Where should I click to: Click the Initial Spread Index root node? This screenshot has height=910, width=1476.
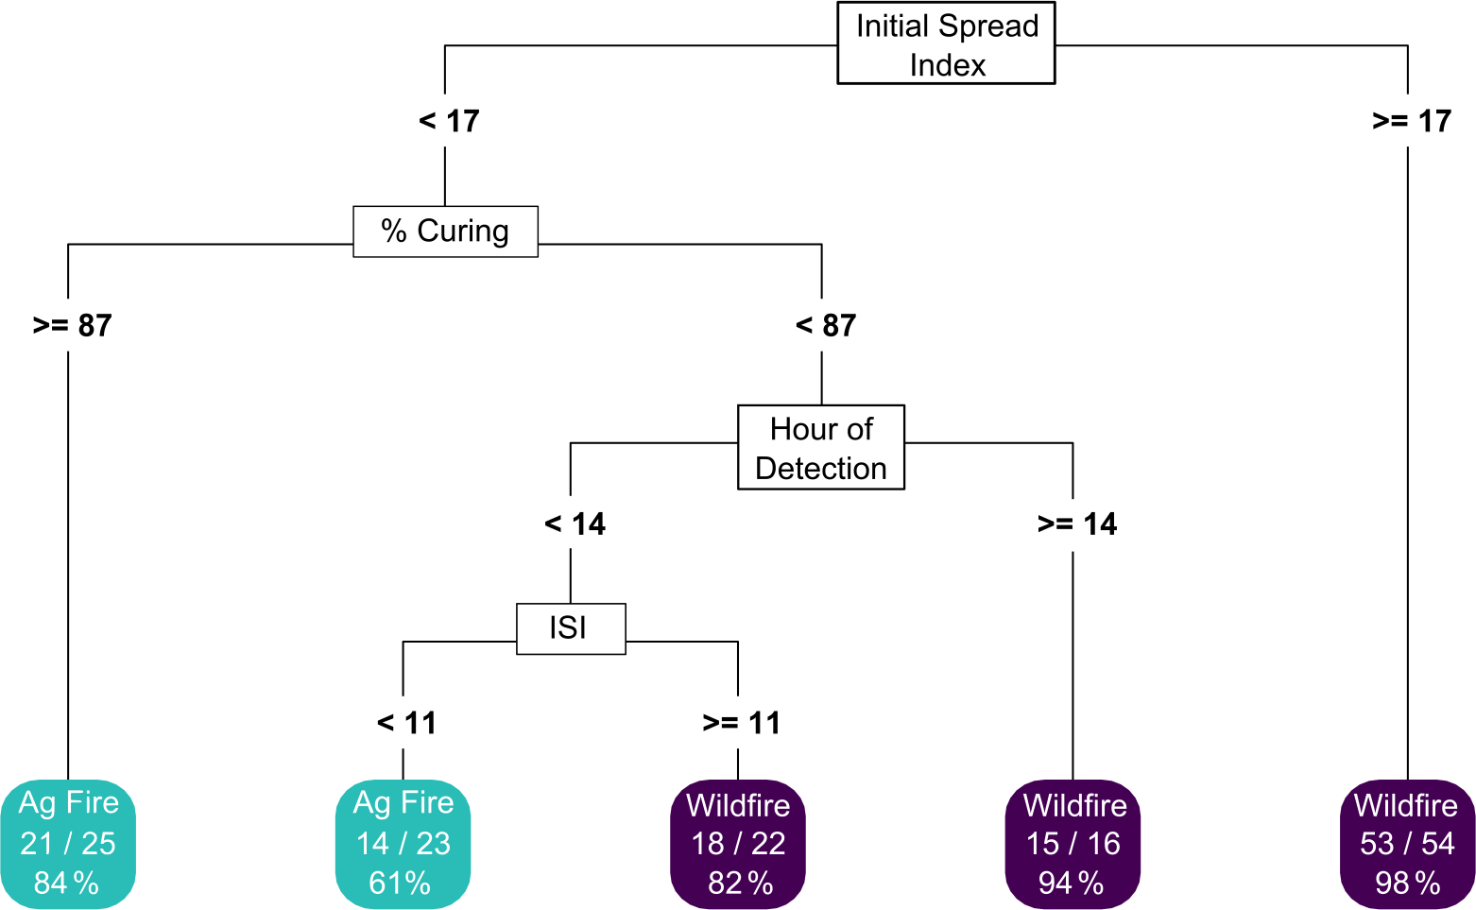[x=946, y=43]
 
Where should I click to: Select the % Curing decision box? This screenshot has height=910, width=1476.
[x=445, y=232]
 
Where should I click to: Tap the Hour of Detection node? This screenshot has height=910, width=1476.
[x=820, y=448]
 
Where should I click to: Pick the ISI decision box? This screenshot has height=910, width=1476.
[x=570, y=628]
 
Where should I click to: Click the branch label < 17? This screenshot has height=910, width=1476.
[x=449, y=121]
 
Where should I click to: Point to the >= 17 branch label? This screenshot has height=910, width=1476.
[x=1411, y=121]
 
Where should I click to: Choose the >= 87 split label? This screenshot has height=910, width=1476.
[x=72, y=325]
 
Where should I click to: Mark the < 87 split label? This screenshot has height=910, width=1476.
[x=826, y=325]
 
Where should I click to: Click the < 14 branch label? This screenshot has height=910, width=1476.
[x=575, y=524]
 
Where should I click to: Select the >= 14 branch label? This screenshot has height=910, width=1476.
[x=1076, y=524]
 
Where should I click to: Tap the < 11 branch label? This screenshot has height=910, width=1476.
[x=406, y=723]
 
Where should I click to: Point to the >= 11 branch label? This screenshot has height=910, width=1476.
[x=742, y=723]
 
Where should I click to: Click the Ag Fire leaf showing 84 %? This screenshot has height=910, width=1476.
[x=68, y=843]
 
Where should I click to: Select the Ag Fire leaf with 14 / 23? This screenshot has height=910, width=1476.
[x=403, y=843]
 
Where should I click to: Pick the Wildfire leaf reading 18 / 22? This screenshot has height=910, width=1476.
[x=738, y=843]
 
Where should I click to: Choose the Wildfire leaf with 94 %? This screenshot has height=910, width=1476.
[x=1073, y=843]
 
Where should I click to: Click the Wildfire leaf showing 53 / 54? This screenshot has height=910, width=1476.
[x=1407, y=843]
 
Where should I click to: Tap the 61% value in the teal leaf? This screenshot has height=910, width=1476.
[x=400, y=884]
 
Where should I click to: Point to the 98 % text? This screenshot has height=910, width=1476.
[x=1407, y=884]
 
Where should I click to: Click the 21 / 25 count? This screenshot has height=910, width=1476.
[x=68, y=843]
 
